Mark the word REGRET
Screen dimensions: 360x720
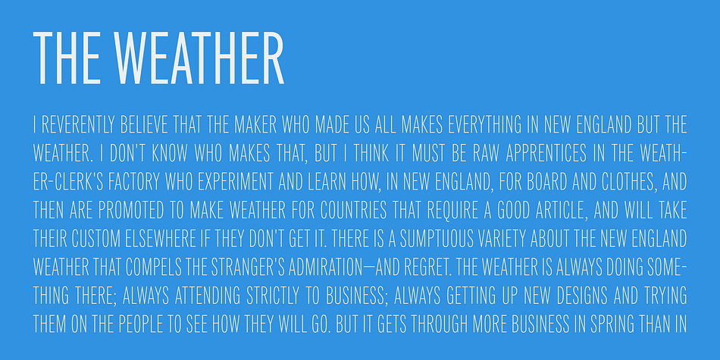click(x=425, y=267)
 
